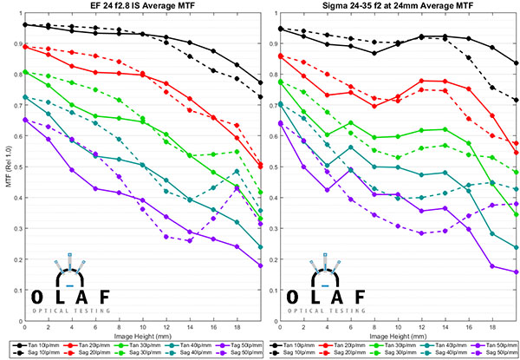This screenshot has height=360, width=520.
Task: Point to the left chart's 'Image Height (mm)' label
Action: (143, 333)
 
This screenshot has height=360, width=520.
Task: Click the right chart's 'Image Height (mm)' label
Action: (397, 333)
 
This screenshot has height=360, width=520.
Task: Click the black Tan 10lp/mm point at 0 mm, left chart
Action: (25, 24)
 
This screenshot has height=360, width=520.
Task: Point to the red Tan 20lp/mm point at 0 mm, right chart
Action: (280, 56)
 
